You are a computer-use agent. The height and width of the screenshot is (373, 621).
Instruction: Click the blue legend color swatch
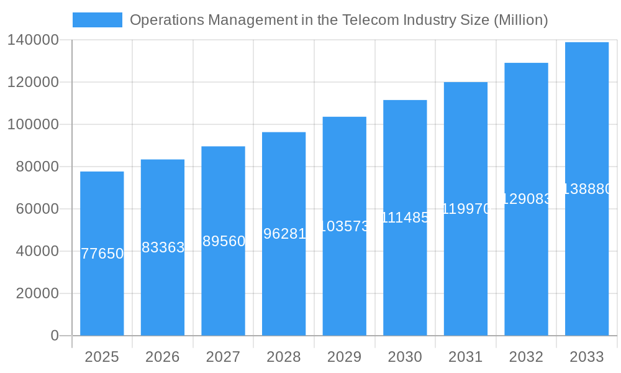pos(97,20)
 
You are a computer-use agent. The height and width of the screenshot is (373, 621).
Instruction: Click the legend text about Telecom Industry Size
pos(338,20)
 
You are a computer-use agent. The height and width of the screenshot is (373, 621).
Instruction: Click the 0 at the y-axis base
pos(54,336)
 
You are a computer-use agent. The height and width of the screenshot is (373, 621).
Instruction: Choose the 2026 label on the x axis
pos(162,357)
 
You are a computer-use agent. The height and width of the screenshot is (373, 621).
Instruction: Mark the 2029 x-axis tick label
pos(344,357)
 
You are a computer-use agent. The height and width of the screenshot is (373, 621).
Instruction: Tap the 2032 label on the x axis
pos(526,357)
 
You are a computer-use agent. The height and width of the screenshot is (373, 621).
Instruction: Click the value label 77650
pos(102,254)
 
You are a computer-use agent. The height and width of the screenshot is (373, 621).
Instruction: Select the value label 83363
pos(163,247)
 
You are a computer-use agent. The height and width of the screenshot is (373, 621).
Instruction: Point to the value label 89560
pos(224,241)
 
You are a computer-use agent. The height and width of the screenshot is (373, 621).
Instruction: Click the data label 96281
pos(284,234)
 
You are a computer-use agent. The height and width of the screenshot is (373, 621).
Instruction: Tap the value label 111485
pos(405,218)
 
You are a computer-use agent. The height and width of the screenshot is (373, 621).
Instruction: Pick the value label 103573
pos(345,226)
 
